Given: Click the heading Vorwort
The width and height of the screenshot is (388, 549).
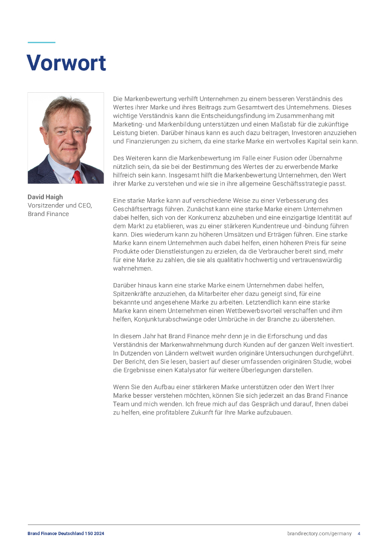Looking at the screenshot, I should click(x=66, y=63).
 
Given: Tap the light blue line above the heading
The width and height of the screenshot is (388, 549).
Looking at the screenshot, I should click(x=41, y=42).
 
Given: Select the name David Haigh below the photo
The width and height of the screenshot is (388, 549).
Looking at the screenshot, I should click(x=45, y=197).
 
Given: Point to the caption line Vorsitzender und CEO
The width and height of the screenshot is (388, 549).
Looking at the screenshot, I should click(x=59, y=205).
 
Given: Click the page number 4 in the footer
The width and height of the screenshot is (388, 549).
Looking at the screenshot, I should click(x=359, y=533).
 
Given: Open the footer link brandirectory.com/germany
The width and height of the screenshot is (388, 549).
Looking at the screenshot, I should click(x=319, y=533).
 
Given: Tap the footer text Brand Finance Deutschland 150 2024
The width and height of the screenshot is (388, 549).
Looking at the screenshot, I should click(x=66, y=533).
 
